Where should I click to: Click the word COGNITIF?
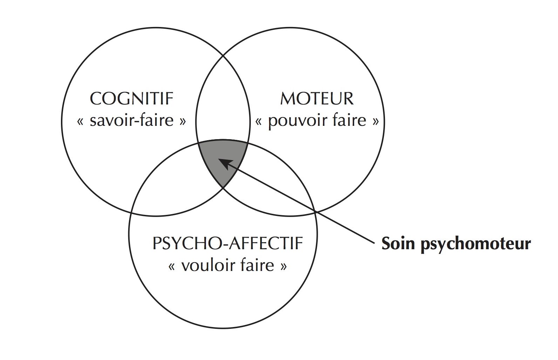(x=132, y=99)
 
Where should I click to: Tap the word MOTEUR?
(x=317, y=99)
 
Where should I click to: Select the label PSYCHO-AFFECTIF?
(x=228, y=243)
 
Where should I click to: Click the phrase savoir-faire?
(x=132, y=121)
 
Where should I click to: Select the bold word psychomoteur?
(x=476, y=244)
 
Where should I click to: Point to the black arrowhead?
(x=224, y=163)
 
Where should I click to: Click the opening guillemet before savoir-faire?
(x=81, y=122)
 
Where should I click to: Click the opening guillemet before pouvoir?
(x=260, y=122)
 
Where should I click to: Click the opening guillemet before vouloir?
(x=172, y=266)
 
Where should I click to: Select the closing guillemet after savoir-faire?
(x=182, y=122)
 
